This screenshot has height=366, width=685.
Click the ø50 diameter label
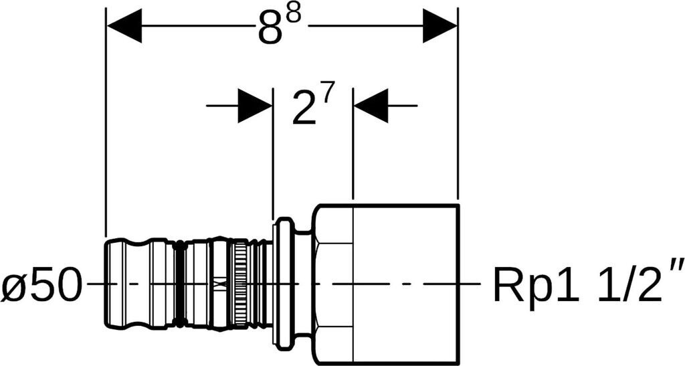pyautogui.click(x=41, y=286)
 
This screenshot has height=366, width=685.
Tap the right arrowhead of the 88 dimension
pyautogui.click(x=439, y=27)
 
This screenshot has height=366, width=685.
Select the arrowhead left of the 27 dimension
pyautogui.click(x=255, y=106)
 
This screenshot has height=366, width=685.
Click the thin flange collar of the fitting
pyautogui.click(x=284, y=284)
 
